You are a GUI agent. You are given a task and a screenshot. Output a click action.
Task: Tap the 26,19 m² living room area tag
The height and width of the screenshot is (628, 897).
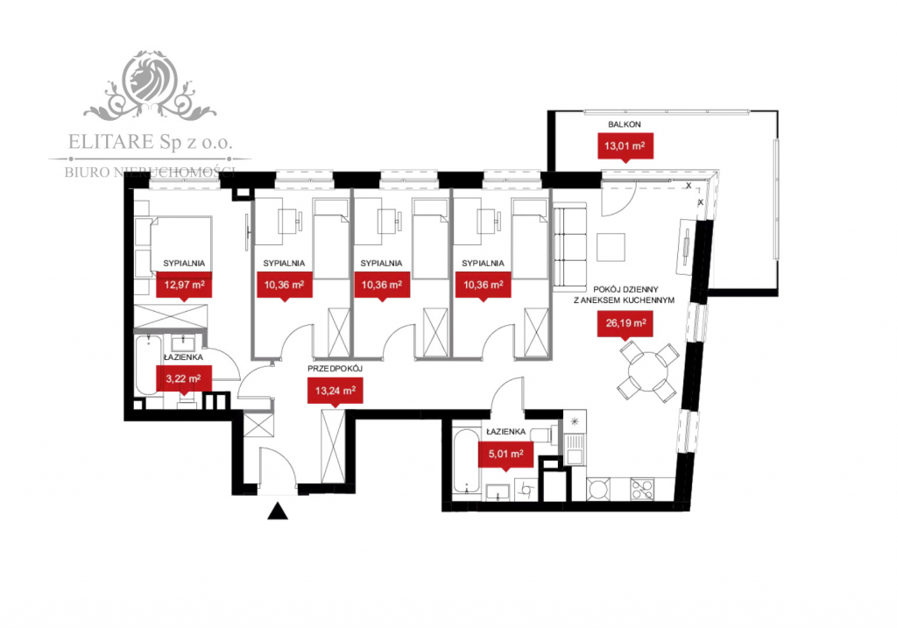625,325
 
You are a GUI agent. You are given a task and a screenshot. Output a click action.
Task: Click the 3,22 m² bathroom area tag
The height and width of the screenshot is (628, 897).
184,378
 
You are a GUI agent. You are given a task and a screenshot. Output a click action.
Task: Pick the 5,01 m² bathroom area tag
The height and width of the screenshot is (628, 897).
505,453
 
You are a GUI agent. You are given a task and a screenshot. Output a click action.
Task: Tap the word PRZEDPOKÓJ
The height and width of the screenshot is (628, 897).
334,370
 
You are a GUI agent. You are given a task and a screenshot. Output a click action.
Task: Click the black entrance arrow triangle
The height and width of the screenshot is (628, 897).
278,512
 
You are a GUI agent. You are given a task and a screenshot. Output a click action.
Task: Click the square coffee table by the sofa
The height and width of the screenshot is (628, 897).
611,247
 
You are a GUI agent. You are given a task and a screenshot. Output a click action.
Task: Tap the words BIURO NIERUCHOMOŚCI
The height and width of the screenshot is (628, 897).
150,172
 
